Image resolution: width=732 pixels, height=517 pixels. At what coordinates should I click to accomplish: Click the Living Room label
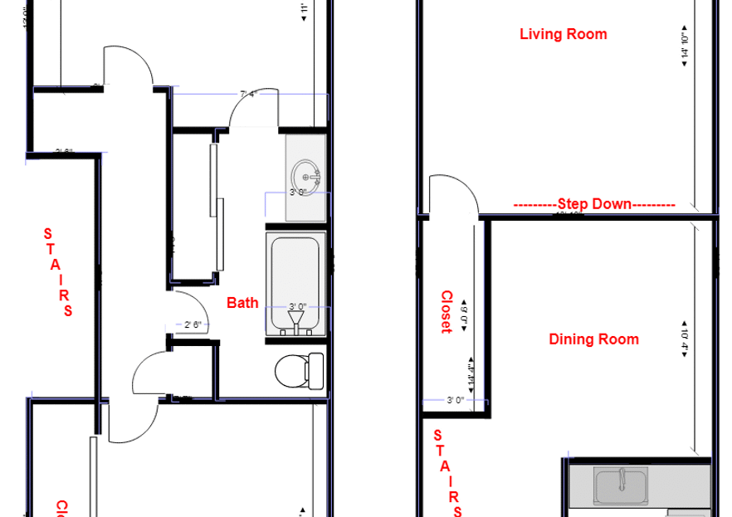(563, 34)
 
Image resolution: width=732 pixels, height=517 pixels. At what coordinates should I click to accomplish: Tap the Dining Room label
(594, 339)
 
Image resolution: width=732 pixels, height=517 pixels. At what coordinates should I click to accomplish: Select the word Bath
(242, 304)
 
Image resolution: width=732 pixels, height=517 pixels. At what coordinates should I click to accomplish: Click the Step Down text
(594, 203)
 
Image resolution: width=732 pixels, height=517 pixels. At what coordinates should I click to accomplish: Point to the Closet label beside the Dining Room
(446, 311)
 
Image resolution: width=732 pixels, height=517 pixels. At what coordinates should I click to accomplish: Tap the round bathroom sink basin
(305, 175)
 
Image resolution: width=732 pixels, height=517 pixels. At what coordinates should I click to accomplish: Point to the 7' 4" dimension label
(250, 95)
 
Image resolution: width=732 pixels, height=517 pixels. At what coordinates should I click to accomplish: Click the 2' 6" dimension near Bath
(193, 324)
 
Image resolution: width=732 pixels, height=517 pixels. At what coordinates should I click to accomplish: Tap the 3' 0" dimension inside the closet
(454, 400)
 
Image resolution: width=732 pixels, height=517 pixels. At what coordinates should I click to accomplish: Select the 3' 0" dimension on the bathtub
(298, 306)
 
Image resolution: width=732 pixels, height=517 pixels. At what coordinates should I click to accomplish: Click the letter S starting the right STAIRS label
(439, 435)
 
